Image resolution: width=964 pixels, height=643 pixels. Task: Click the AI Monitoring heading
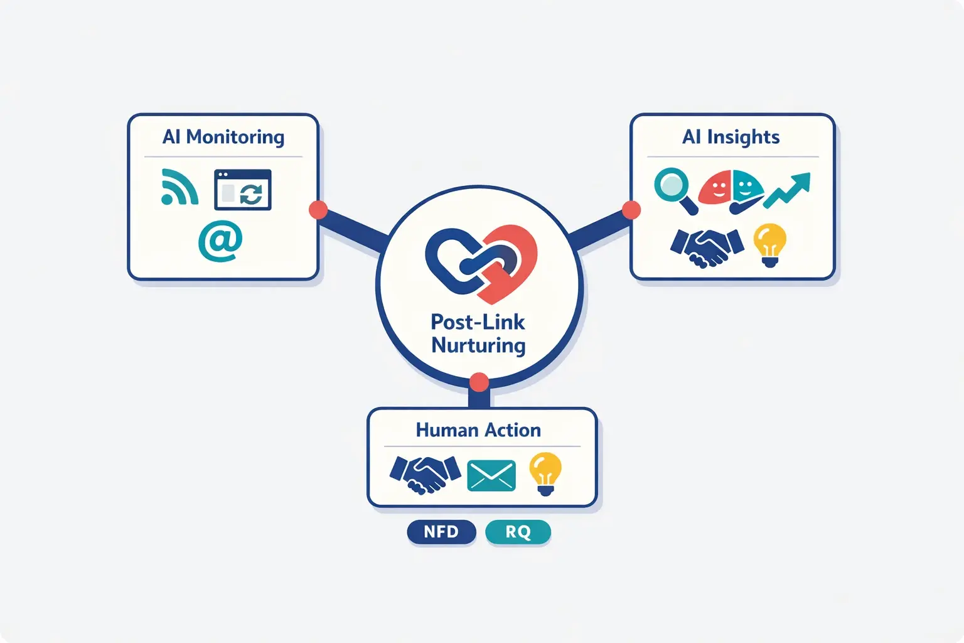(223, 137)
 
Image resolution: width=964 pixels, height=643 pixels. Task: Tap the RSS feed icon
(179, 188)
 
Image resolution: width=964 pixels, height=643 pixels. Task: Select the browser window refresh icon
(243, 190)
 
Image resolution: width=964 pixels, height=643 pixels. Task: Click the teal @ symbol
(220, 240)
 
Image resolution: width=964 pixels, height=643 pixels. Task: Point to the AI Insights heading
(731, 137)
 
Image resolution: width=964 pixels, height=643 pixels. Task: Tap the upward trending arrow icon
(787, 190)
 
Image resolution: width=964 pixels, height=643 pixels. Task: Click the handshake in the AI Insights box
(707, 247)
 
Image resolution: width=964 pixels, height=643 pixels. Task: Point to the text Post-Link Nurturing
(478, 333)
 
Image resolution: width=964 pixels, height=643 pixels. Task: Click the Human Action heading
(478, 430)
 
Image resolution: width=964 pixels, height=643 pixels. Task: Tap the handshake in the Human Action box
(425, 474)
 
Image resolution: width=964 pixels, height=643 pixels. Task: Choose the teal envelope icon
(491, 475)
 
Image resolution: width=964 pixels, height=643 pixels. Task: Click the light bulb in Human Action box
(545, 473)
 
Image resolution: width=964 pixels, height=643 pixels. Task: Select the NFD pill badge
(441, 532)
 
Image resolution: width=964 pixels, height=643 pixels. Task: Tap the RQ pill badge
(518, 532)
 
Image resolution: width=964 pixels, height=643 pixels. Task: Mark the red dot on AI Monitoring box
(318, 210)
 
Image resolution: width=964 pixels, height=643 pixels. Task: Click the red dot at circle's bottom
(479, 382)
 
